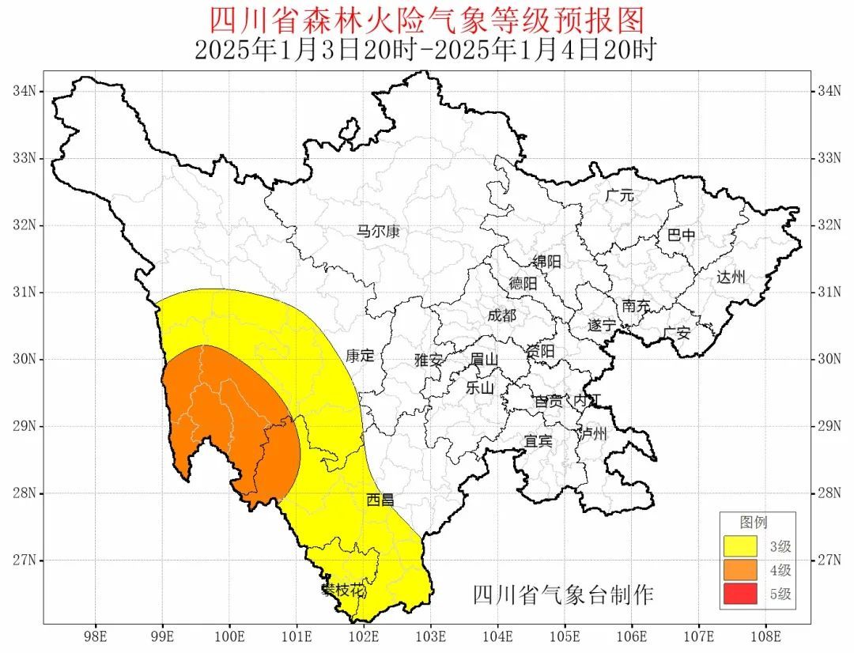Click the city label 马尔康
378,232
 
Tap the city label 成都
501,315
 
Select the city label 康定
360,356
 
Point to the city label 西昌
380,500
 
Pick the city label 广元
620,195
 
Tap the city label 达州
731,277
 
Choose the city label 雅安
429,360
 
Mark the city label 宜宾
538,440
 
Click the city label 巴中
682,235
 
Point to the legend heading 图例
753,523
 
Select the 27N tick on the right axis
827,560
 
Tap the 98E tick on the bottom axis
96,636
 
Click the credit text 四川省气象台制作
563,594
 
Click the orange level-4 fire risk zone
229,419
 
